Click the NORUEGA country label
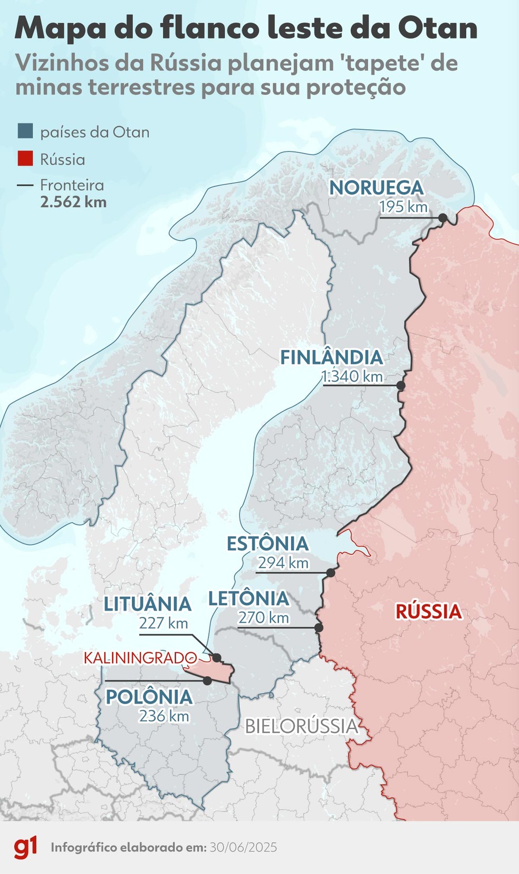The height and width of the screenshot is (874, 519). (376, 187)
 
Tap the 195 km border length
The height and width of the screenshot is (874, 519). (403, 206)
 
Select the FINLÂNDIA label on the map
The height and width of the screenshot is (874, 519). (331, 357)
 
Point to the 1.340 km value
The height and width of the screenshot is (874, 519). (352, 376)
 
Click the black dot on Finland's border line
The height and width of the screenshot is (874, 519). (400, 386)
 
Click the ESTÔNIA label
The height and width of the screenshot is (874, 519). (267, 544)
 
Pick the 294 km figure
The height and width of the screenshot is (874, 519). (283, 563)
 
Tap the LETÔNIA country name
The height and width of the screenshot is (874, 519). (248, 598)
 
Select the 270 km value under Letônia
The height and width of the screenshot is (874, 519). (263, 617)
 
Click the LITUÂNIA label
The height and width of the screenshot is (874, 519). (147, 604)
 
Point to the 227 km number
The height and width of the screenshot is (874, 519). (164, 623)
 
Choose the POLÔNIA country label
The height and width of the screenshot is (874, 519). (149, 697)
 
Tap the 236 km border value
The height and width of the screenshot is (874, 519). (164, 716)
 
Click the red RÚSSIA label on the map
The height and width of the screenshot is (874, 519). (428, 612)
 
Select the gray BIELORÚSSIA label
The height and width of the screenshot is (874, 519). (302, 726)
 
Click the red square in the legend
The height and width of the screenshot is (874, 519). (25, 158)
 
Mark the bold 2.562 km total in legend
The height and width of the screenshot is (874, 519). (73, 202)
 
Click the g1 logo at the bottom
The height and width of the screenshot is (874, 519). (25, 848)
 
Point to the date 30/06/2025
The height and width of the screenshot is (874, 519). (243, 848)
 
